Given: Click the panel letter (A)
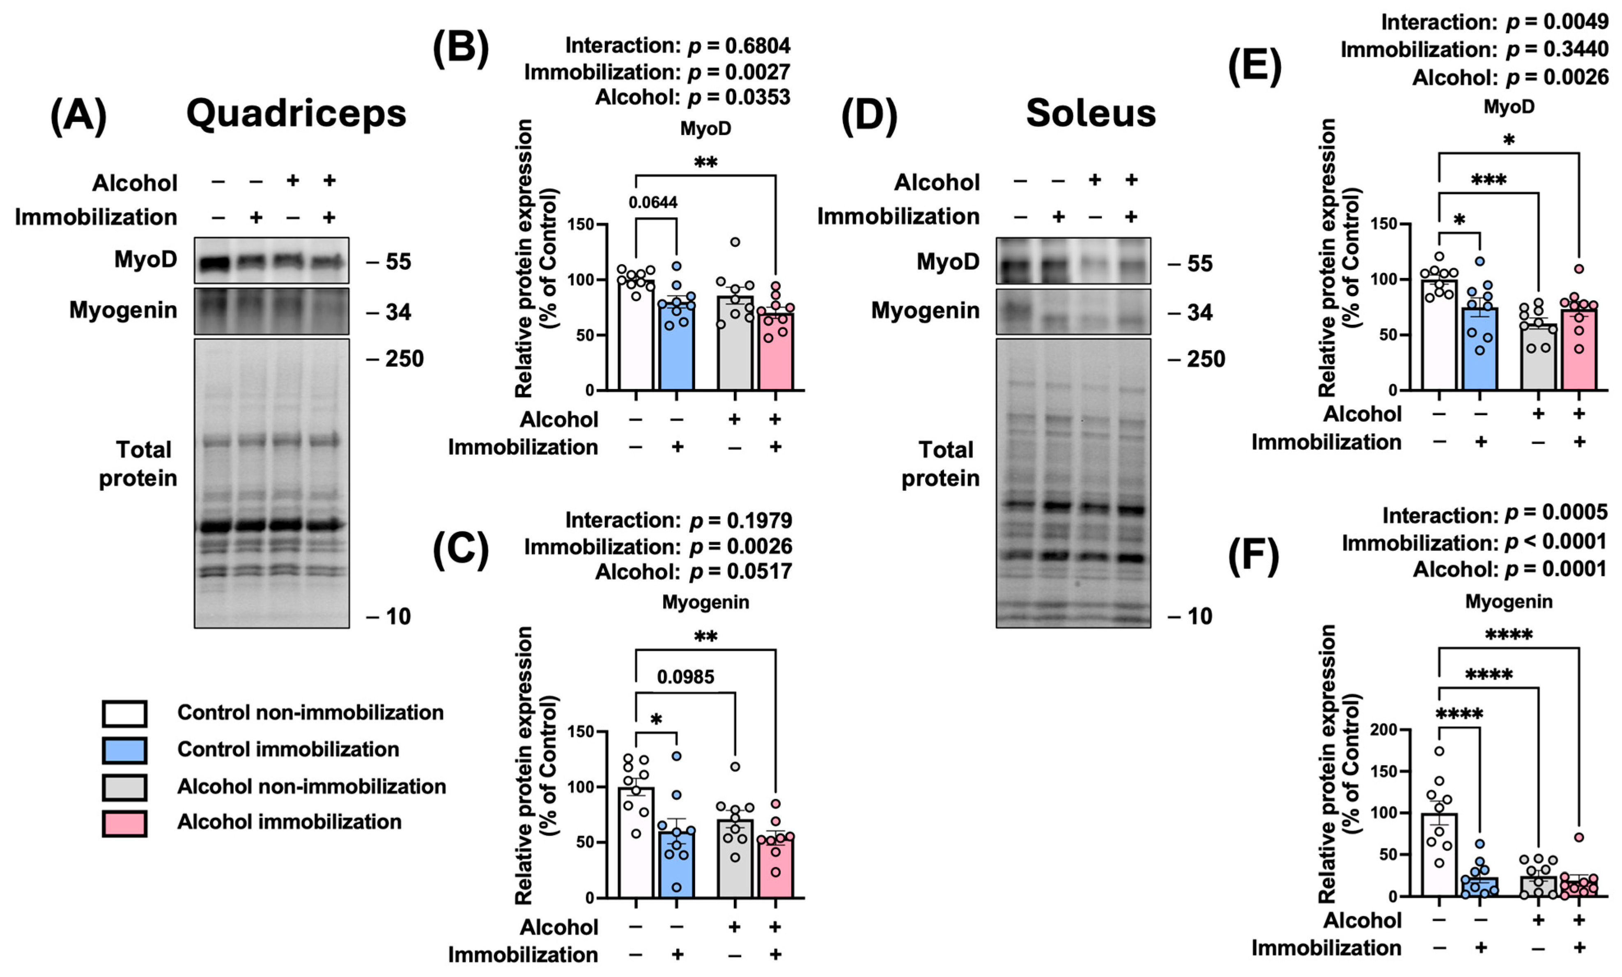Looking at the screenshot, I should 78,116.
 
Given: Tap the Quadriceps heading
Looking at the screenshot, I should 296,114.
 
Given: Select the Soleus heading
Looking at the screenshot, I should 1090,113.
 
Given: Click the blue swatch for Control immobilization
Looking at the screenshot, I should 124,750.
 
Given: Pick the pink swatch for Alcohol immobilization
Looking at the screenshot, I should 124,823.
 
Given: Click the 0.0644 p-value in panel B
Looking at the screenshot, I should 652,202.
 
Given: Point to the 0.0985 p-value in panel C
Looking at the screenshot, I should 685,677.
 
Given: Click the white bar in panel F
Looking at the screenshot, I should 1439,856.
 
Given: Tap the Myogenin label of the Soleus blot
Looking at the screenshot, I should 925,311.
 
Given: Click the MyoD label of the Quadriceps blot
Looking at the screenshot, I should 145,260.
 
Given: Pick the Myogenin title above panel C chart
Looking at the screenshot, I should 705,602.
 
